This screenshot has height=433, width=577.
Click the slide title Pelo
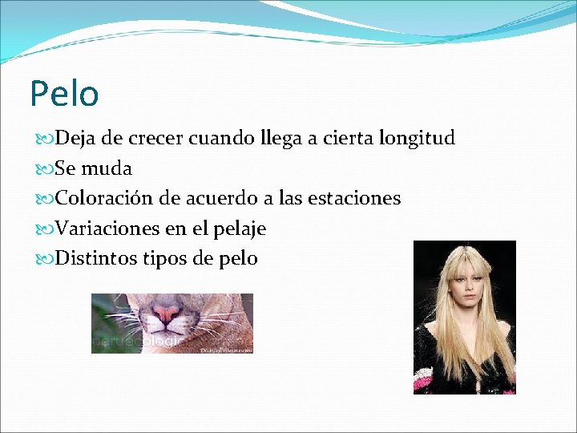point(64,93)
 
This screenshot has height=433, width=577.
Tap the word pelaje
point(239,229)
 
